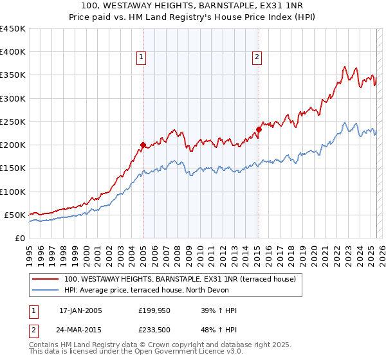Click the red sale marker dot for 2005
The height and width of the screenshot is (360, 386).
143,145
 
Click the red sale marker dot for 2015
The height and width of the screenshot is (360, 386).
259,129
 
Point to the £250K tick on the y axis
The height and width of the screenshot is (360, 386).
13,122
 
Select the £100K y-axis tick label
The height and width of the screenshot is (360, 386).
13,192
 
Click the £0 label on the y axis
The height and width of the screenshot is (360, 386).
19,238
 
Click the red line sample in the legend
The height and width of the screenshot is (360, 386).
46,279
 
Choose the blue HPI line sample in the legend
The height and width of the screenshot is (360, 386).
46,290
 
